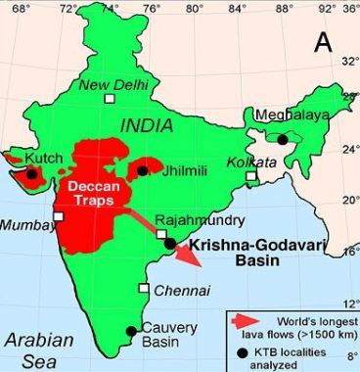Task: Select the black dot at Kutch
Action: click(32, 173)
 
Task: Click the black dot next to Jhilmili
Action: click(143, 170)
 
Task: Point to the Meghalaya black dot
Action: click(283, 139)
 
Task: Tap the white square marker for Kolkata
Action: click(251, 177)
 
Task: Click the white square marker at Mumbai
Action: click(59, 216)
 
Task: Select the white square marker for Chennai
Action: click(144, 289)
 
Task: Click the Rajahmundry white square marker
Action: click(162, 234)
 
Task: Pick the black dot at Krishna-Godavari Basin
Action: click(170, 243)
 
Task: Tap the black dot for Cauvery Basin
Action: click(133, 330)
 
